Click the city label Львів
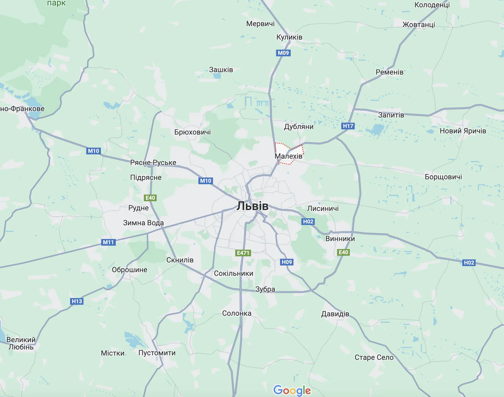pos(253,206)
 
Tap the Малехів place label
pos(288,156)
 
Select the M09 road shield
pos(283,53)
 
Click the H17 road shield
pos(348,126)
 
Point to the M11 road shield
pos(108,242)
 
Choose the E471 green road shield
pos(243,253)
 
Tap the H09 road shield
pos(287,262)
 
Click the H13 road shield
pos(77,301)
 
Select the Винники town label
pos(340,239)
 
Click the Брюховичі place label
pos(193,132)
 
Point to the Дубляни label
pos(299,127)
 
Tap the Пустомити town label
pos(157,353)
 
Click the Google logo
pos(292,390)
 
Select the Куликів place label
pos(289,37)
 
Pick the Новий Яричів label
pos(463,131)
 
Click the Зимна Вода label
pos(143,223)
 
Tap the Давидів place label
pos(335,314)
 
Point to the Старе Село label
pos(374,357)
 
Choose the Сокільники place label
pos(233,273)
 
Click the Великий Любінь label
pos(21,343)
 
